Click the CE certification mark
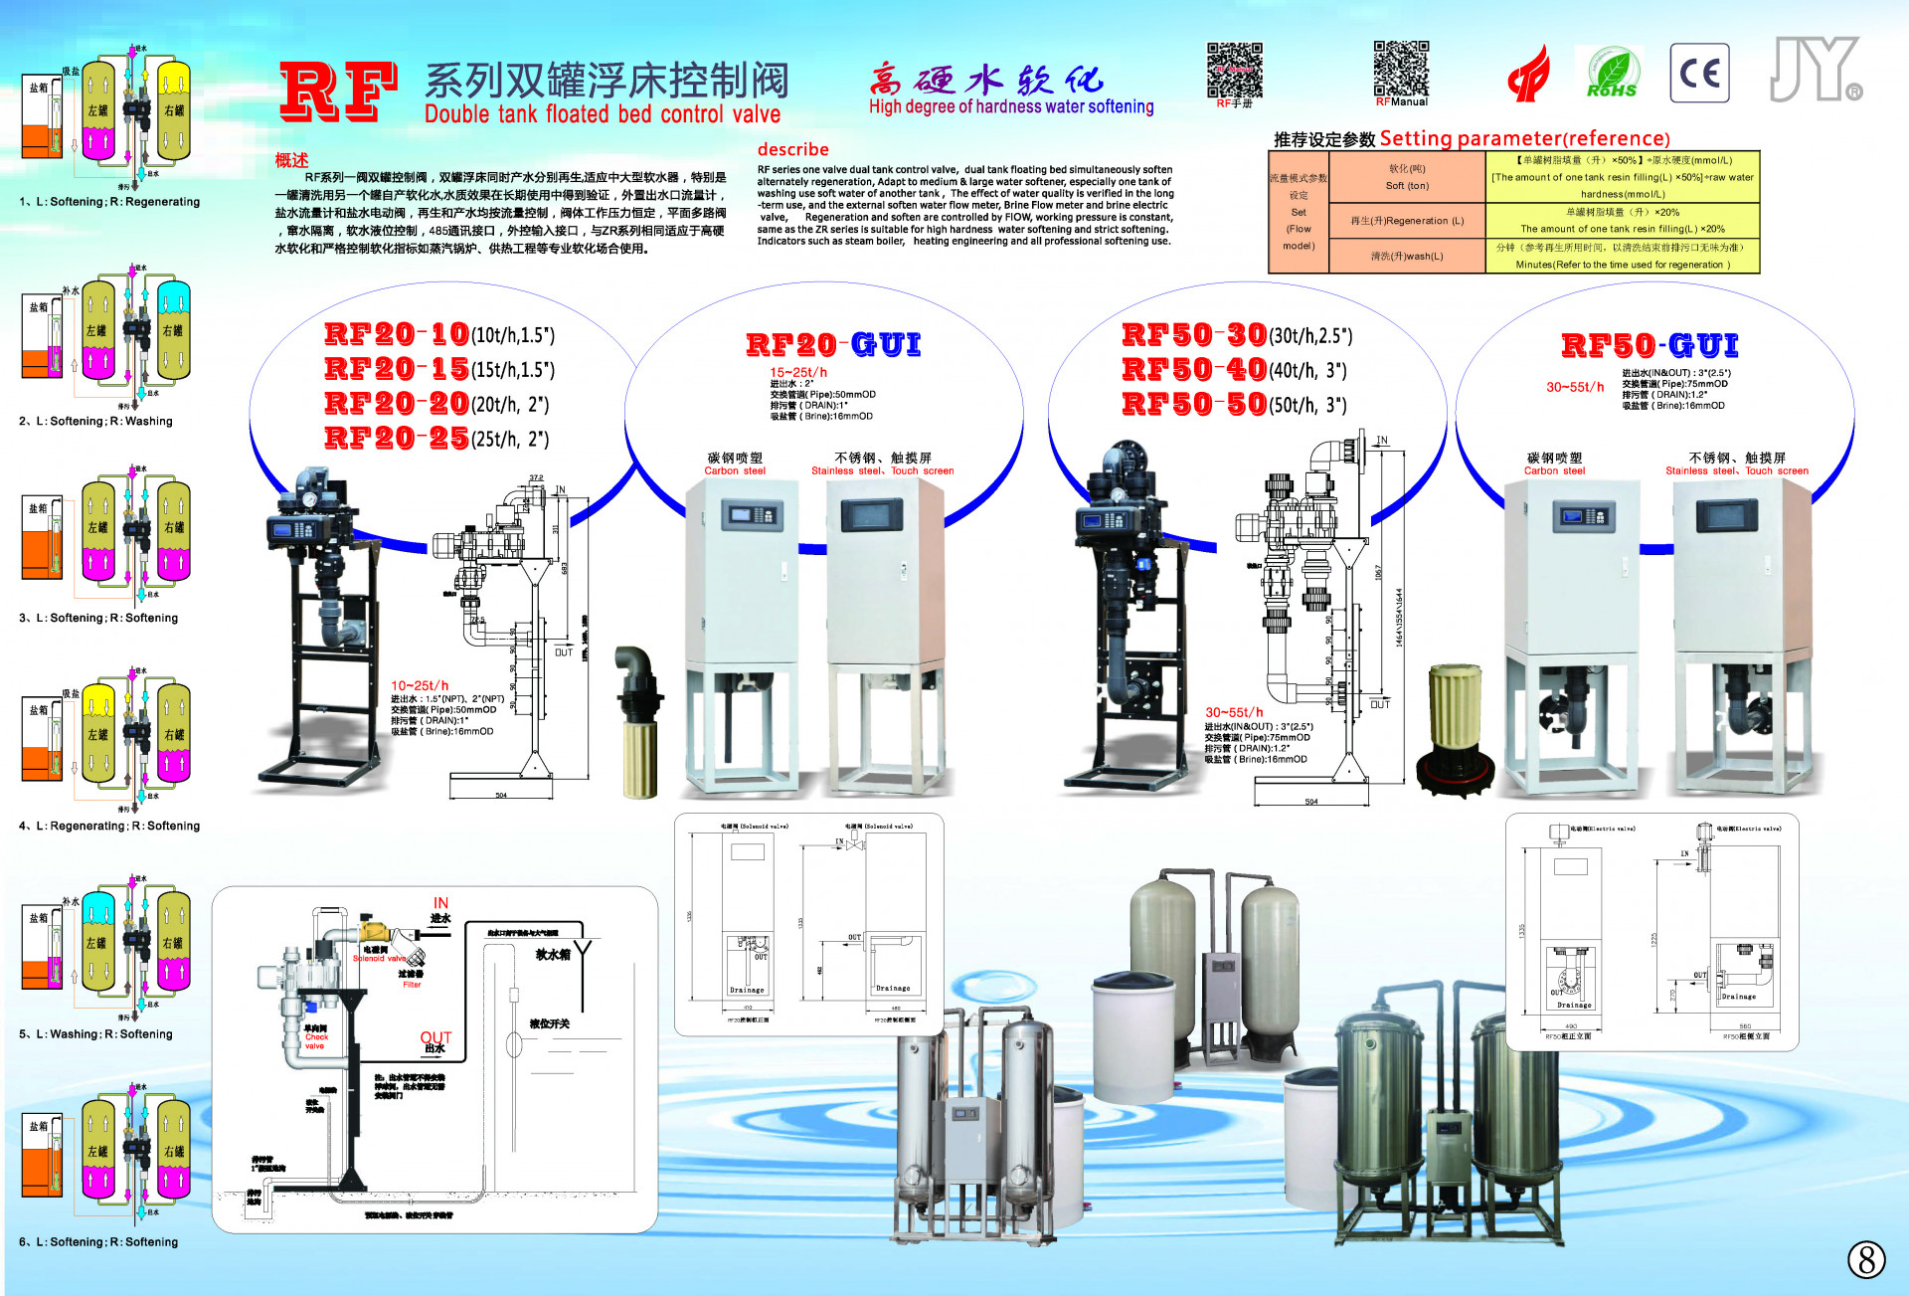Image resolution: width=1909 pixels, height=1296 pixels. [x=1699, y=74]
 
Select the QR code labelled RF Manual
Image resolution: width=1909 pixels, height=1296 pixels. [x=1401, y=69]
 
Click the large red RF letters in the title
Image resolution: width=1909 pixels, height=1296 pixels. [x=338, y=92]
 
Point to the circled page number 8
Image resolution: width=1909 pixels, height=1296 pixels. [x=1866, y=1259]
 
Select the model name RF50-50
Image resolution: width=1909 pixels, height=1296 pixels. [x=1194, y=404]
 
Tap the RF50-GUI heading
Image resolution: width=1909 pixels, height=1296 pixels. [x=1649, y=345]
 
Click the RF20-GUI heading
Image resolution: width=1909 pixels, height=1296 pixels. [x=833, y=345]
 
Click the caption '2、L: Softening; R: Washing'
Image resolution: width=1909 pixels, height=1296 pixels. [x=95, y=421]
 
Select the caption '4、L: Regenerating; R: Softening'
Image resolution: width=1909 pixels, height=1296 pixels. [x=109, y=826]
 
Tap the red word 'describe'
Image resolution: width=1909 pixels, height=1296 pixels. [x=792, y=149]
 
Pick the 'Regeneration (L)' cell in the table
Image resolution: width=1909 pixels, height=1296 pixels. [x=1407, y=221]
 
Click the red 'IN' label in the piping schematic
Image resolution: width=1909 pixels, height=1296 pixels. [x=440, y=903]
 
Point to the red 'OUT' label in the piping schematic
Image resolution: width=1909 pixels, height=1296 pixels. [x=435, y=1037]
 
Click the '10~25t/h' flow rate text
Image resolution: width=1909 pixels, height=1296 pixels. [x=420, y=685]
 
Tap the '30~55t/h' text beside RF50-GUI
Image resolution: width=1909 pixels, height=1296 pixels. [x=1575, y=387]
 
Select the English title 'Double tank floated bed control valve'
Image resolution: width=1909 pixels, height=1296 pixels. [x=603, y=114]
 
